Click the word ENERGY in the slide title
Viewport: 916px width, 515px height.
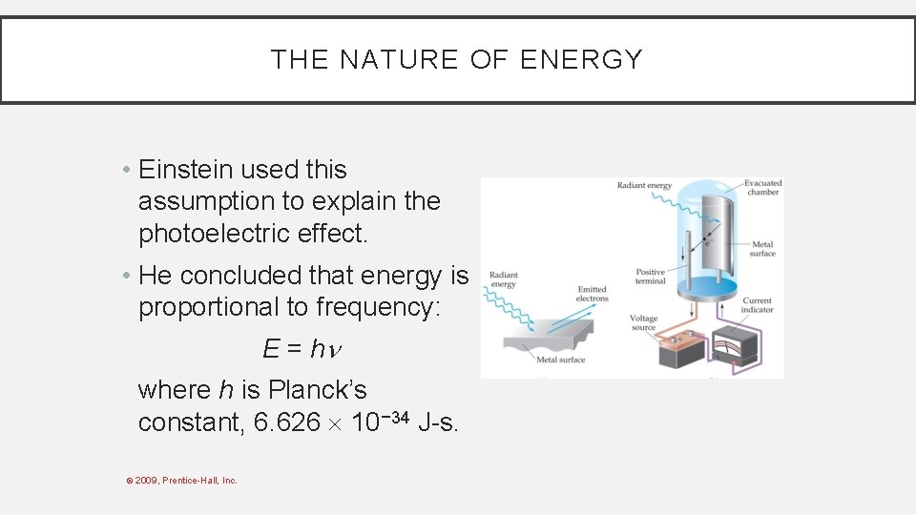click(x=581, y=59)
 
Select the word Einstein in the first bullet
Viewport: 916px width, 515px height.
click(x=185, y=170)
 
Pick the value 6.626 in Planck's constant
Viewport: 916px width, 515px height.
click(x=287, y=422)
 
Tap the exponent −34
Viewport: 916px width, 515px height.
click(x=395, y=416)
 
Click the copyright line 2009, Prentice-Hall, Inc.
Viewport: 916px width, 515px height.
click(x=185, y=480)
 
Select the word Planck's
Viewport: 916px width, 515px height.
click(x=317, y=390)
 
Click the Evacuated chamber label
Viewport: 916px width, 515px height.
click(x=762, y=187)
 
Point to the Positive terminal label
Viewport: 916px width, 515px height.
click(x=651, y=278)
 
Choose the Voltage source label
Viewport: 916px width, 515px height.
click(x=643, y=323)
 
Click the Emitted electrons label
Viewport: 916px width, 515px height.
click(x=592, y=294)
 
